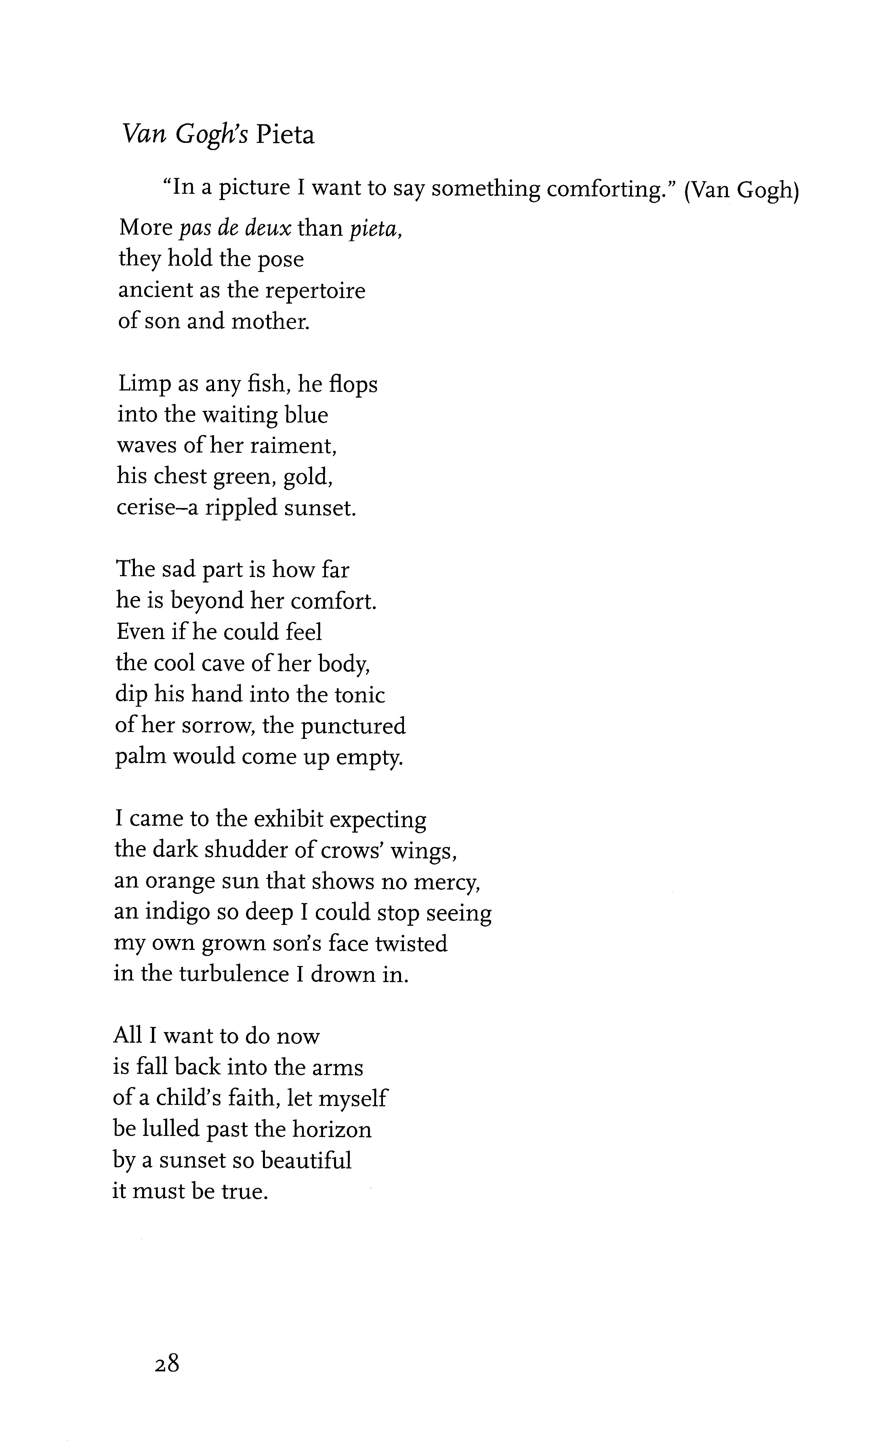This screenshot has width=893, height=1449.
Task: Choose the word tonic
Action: pyautogui.click(x=360, y=695)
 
